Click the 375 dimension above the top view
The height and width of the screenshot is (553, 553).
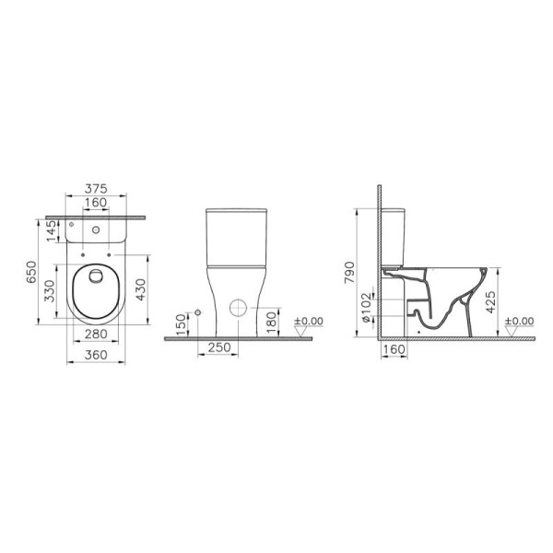tap(95, 188)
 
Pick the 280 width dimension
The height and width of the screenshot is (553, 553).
tap(95, 333)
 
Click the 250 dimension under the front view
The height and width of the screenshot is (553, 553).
tap(219, 347)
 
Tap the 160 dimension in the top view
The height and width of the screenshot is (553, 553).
tap(95, 205)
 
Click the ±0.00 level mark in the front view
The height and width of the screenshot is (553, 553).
tap(308, 322)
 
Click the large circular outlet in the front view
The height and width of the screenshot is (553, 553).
tap(238, 309)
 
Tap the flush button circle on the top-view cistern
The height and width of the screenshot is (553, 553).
tap(96, 224)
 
